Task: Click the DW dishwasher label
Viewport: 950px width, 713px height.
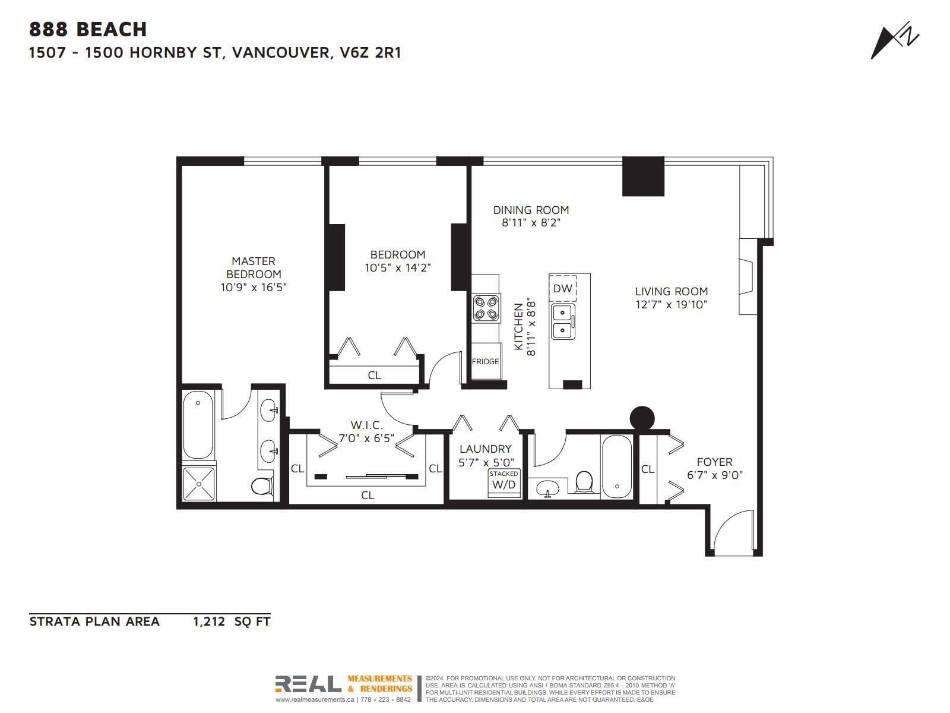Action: (562, 288)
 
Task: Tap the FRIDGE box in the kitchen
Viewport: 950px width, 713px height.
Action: (486, 361)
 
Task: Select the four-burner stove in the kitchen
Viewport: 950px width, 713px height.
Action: (486, 308)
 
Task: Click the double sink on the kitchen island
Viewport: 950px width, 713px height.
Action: (563, 321)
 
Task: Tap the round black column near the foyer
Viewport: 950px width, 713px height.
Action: (642, 419)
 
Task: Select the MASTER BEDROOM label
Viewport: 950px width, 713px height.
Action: (254, 267)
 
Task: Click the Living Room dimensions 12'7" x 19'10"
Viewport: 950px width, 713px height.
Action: (671, 304)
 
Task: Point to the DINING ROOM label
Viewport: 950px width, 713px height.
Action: (531, 210)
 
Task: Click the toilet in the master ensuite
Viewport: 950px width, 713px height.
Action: (262, 486)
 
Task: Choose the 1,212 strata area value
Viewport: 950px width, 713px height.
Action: (208, 621)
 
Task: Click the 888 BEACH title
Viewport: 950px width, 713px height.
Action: (88, 30)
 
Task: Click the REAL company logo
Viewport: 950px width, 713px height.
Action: (308, 684)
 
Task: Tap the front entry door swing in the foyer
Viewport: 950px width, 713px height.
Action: (733, 532)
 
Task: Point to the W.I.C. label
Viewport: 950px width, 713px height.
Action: (366, 425)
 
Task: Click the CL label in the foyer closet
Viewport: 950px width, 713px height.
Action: (647, 469)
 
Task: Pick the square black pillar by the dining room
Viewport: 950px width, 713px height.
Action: (643, 176)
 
